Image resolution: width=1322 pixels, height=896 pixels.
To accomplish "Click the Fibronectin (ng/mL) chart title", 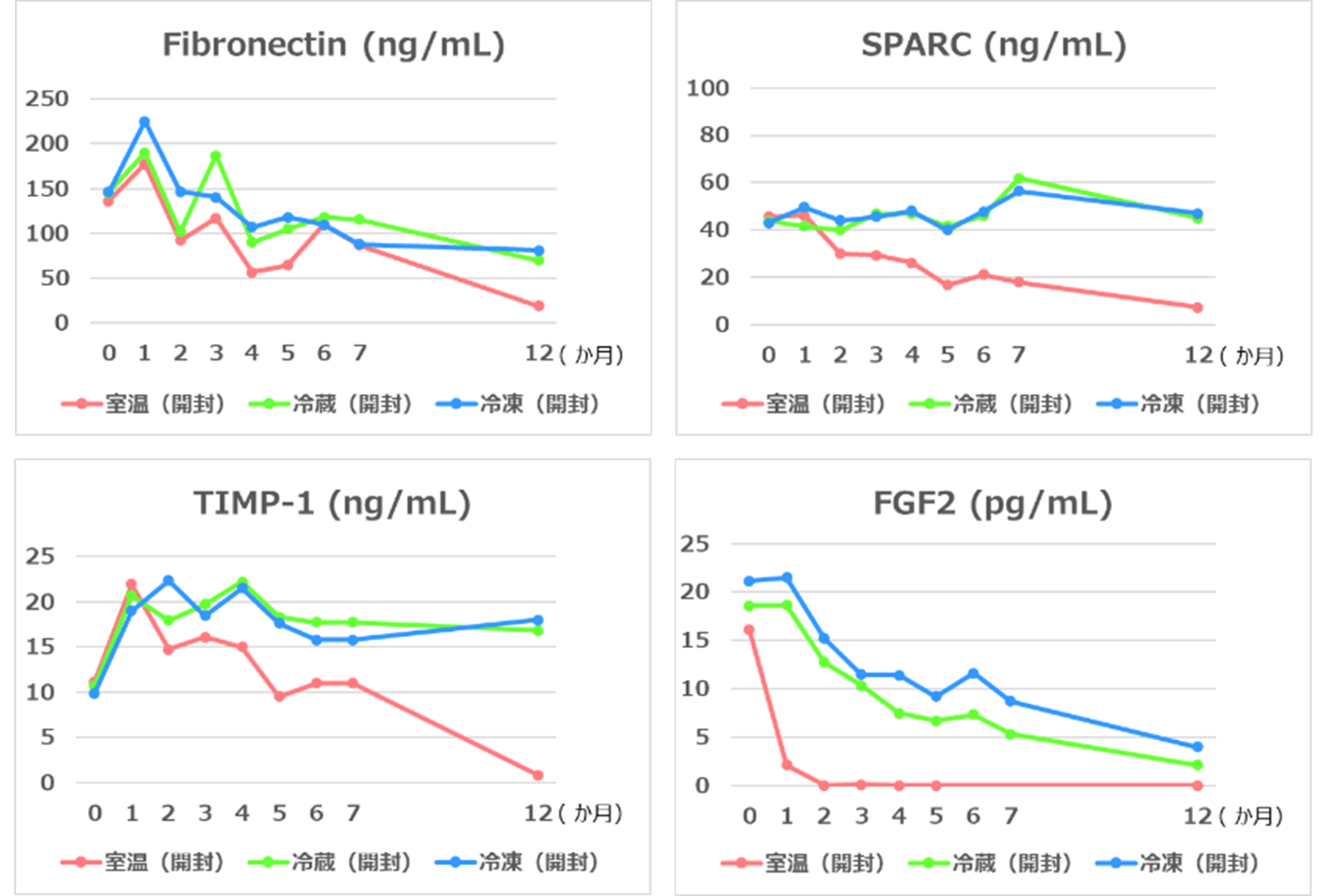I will [333, 45].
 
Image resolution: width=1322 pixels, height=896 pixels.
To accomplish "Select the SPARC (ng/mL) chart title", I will [993, 45].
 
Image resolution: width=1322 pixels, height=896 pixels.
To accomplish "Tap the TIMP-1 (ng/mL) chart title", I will [331, 503].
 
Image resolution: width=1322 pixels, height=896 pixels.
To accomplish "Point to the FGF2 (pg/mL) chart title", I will [992, 503].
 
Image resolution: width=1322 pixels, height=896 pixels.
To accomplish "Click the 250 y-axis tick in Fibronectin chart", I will [47, 99].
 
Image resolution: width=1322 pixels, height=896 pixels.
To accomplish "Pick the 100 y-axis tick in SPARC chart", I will [708, 88].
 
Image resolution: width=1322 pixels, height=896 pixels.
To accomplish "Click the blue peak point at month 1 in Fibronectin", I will [144, 122].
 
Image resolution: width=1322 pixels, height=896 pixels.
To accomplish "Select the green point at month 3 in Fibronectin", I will [216, 156].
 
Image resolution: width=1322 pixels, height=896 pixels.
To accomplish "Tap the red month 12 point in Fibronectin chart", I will [539, 306].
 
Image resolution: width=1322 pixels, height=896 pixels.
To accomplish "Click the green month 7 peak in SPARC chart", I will [1019, 178].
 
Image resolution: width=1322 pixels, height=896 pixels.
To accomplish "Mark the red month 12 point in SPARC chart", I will [1198, 308].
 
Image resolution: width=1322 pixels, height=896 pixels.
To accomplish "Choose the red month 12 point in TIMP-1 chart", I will [538, 775].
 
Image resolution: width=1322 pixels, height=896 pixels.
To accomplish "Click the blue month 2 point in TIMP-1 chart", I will [168, 581].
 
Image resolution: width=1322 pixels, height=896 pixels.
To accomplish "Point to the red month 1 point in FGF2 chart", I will [787, 765].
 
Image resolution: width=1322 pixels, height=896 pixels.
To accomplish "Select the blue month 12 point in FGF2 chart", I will [1198, 747].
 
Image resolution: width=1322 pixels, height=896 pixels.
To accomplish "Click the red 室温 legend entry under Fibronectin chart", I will [144, 404].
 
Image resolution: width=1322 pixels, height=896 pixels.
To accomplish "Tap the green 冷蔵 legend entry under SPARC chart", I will [991, 404].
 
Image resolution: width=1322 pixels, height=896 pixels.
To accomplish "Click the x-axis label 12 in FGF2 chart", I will [1199, 815].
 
